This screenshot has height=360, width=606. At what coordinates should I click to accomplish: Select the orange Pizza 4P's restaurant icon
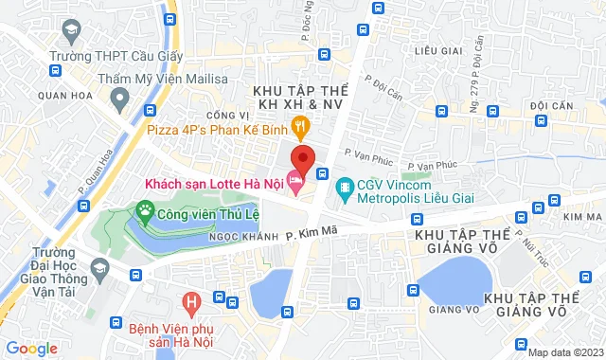click(300, 124)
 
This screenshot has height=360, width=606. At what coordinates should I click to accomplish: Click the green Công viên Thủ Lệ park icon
click(146, 208)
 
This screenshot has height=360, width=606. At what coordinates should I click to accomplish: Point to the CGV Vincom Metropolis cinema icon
click(343, 187)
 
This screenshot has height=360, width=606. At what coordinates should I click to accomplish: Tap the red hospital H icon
click(194, 304)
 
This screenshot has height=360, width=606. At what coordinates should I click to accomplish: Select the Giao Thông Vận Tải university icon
click(98, 273)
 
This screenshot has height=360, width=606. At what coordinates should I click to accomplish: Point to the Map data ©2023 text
click(564, 352)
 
